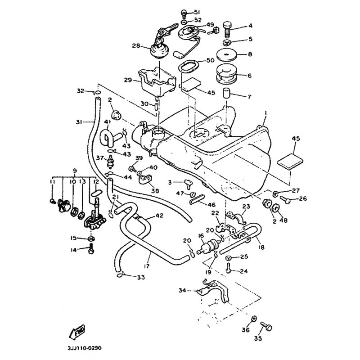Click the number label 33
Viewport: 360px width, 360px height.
[x=140, y=278]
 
